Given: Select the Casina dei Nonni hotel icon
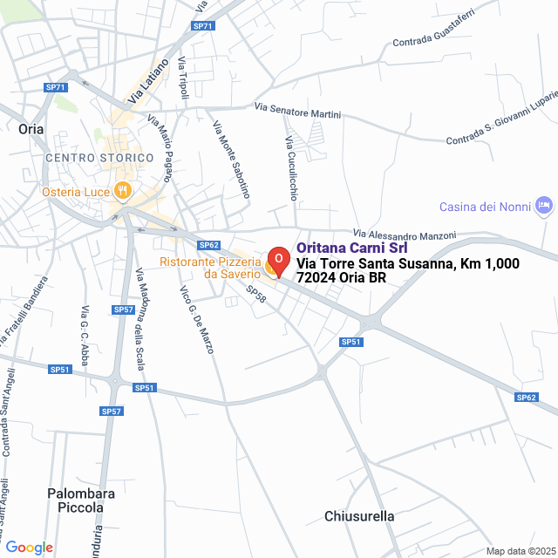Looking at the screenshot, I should point(545,206).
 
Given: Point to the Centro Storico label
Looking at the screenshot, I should point(99,158).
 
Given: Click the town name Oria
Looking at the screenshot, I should point(31,128).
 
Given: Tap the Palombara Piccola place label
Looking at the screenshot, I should point(81,500).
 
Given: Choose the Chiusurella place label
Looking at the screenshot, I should point(359,516).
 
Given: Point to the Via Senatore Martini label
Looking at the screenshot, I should point(298,110).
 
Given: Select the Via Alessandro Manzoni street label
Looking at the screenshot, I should point(405,235).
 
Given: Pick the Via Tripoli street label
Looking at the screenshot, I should point(183,77).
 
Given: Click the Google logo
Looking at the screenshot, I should point(29,547).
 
